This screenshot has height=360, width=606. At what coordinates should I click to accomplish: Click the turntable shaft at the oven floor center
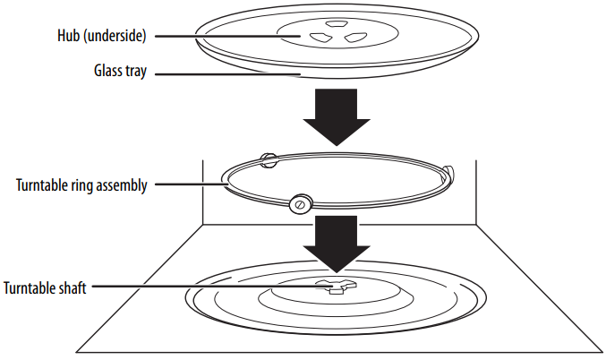tap(335, 287)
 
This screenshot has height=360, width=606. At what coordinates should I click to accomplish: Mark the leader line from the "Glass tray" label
tap(224, 74)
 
